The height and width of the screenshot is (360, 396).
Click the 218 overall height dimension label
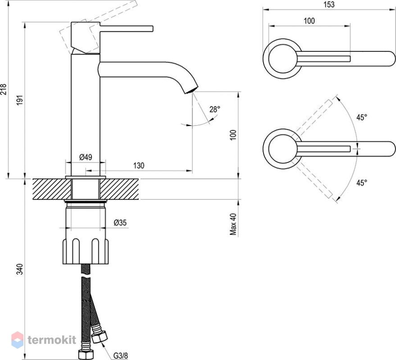pyautogui.click(x=4, y=89)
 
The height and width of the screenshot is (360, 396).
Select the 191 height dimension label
pyautogui.click(x=20, y=100)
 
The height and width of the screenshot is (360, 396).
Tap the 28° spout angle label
pyautogui.click(x=214, y=109)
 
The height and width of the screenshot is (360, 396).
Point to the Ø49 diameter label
pyautogui.click(x=86, y=157)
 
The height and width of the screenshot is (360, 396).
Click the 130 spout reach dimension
pyautogui.click(x=139, y=166)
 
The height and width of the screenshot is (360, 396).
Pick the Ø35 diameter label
pyautogui.click(x=120, y=223)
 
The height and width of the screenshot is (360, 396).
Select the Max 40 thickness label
pyautogui.click(x=233, y=224)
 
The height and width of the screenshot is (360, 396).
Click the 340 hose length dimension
pyautogui.click(x=20, y=269)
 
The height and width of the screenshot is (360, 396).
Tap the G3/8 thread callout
pyautogui.click(x=120, y=355)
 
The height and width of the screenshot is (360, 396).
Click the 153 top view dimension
pyautogui.click(x=329, y=4)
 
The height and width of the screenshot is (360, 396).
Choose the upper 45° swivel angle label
pyautogui.click(x=362, y=117)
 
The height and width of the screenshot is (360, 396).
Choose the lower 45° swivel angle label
pyautogui.click(x=362, y=183)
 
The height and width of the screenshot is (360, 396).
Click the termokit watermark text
pyautogui.click(x=52, y=340)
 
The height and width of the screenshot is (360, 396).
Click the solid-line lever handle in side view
pyautogui.click(x=127, y=28)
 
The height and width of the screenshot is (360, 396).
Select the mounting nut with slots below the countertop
pyautogui.click(x=86, y=251)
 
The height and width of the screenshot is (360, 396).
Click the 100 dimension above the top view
pyautogui.click(x=309, y=21)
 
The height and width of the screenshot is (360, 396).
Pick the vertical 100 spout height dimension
pyautogui.click(x=233, y=135)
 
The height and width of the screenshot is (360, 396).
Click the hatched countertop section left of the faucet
pyautogui.click(x=52, y=189)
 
